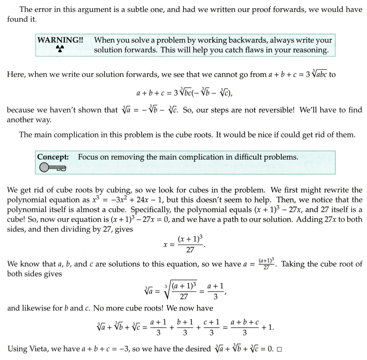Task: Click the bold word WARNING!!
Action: [x=60, y=40]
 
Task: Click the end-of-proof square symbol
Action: [x=279, y=349]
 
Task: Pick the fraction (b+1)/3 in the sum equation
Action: [x=185, y=327]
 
